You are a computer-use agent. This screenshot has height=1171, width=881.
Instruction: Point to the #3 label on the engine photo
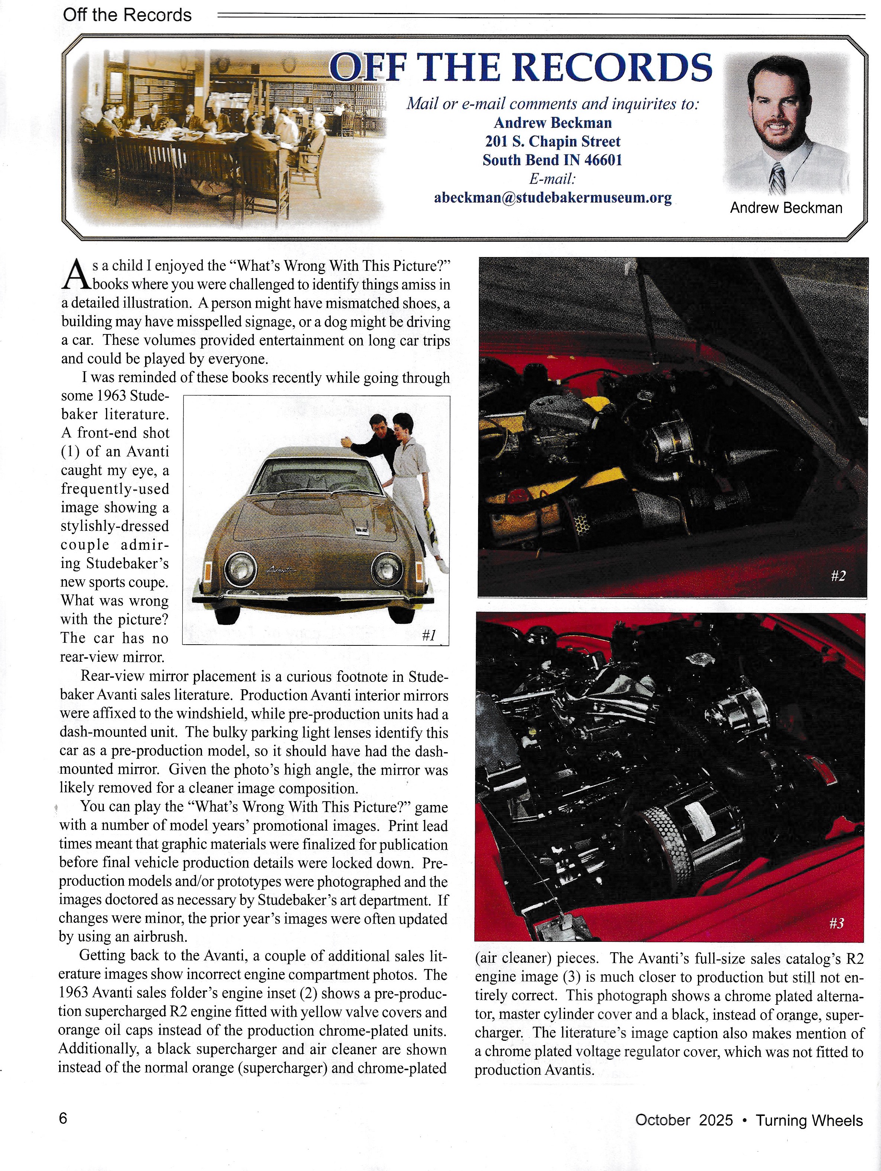point(836,924)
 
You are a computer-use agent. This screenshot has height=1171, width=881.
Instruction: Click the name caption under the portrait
point(786,208)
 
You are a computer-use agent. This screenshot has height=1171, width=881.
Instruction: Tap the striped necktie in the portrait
point(777,179)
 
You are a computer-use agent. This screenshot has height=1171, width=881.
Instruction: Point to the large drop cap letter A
point(74,275)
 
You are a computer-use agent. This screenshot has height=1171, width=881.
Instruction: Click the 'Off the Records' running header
point(127,15)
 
